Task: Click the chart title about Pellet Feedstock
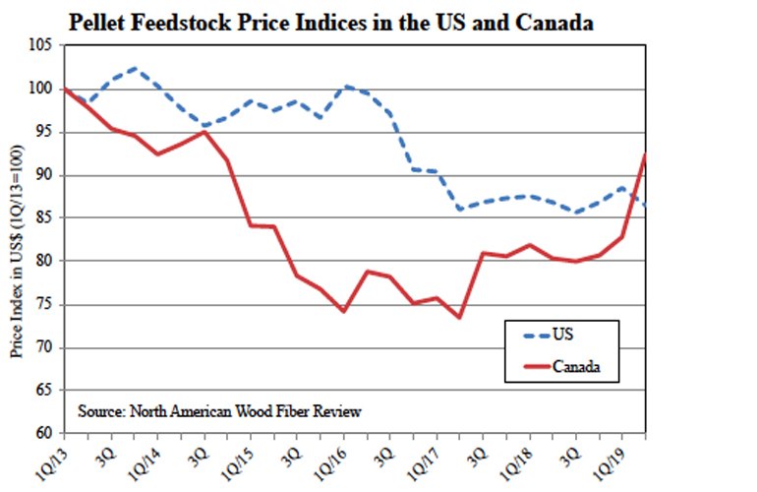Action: pyautogui.click(x=329, y=22)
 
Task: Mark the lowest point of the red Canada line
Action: pyautogui.click(x=459, y=317)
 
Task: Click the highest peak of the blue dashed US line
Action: pyautogui.click(x=137, y=69)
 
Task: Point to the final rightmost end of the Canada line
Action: pyautogui.click(x=645, y=154)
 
